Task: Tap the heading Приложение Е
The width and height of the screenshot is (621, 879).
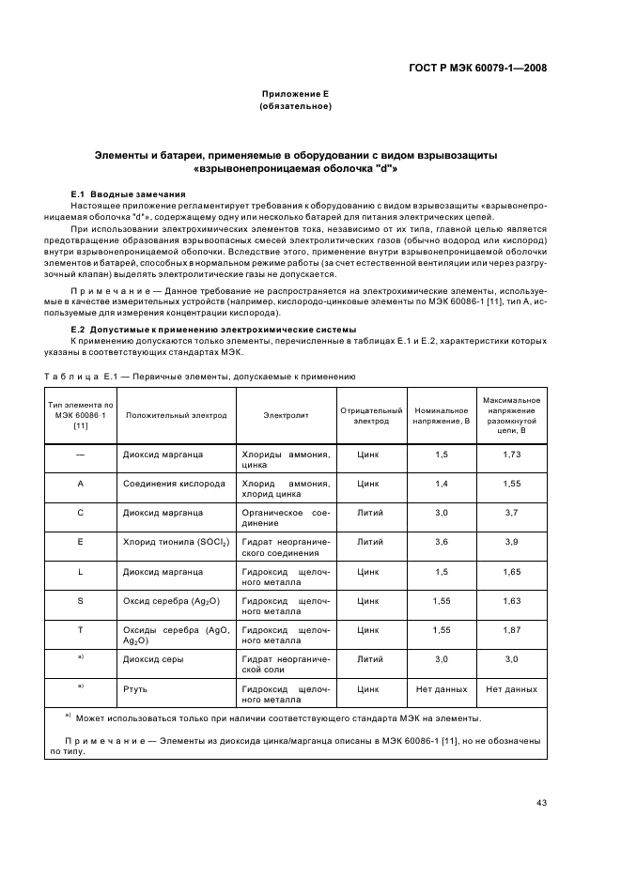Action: [x=295, y=95]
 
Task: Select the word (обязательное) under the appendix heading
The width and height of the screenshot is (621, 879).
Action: [x=295, y=106]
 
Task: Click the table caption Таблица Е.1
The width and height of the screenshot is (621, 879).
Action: [x=200, y=376]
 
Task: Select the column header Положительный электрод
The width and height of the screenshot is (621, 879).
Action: [x=176, y=414]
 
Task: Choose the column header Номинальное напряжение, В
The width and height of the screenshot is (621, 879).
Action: [x=442, y=414]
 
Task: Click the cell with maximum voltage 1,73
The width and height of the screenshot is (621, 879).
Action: [x=511, y=454]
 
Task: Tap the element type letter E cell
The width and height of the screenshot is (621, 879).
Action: [x=81, y=542]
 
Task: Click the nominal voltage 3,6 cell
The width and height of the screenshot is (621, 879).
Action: [x=442, y=542]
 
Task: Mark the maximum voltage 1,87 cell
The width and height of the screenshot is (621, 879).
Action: [x=511, y=629]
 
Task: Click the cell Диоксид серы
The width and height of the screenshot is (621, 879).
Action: [x=153, y=659]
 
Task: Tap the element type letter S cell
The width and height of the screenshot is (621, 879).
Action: [x=81, y=600]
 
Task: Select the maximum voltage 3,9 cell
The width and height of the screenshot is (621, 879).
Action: [x=511, y=542]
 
